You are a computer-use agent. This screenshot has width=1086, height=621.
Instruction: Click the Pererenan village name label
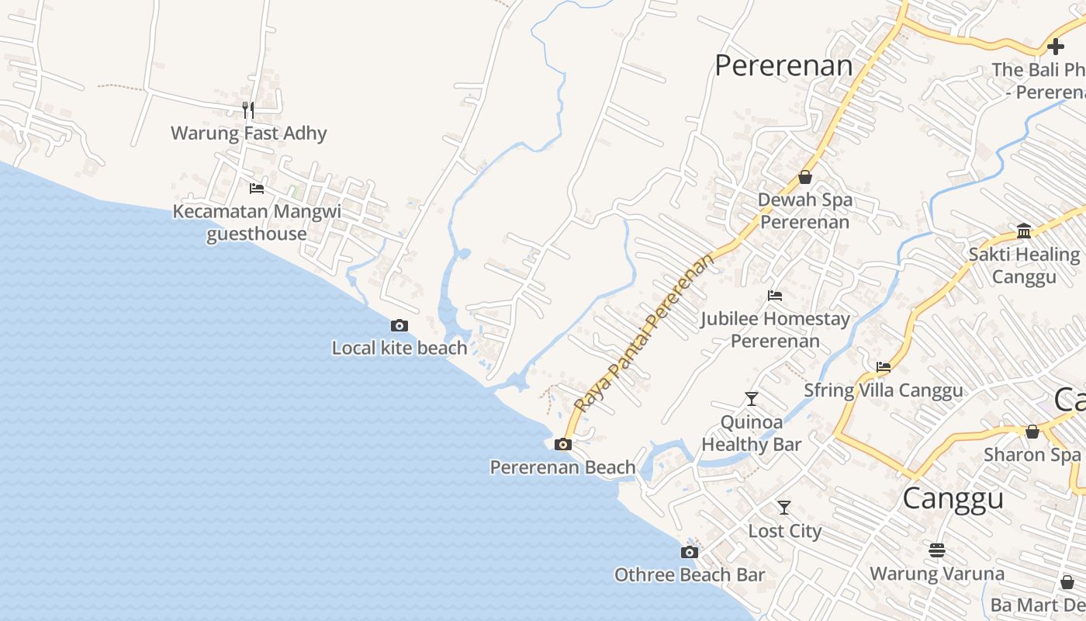pyautogui.click(x=783, y=66)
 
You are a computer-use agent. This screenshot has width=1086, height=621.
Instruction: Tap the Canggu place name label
pyautogui.click(x=953, y=498)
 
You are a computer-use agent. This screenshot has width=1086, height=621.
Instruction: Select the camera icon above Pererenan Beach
pyautogui.click(x=563, y=445)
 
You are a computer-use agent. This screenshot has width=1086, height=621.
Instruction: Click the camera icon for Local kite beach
pyautogui.click(x=399, y=326)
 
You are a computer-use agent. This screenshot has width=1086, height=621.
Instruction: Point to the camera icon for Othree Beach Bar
pyautogui.click(x=689, y=553)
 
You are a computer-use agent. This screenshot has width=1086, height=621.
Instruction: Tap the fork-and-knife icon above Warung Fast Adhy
pyautogui.click(x=248, y=110)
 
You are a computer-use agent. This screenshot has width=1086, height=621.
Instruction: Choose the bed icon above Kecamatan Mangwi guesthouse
pyautogui.click(x=257, y=189)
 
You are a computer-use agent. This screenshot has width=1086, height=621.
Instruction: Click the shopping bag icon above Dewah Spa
pyautogui.click(x=805, y=178)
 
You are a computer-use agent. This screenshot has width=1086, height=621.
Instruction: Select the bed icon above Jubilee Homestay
pyautogui.click(x=774, y=296)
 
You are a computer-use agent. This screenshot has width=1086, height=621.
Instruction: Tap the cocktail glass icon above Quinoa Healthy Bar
pyautogui.click(x=751, y=399)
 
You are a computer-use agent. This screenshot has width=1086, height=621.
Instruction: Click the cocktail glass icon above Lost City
pyautogui.click(x=784, y=508)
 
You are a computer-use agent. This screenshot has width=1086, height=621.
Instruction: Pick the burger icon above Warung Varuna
pyautogui.click(x=937, y=550)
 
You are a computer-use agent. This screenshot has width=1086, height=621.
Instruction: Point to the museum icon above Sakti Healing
pyautogui.click(x=1024, y=231)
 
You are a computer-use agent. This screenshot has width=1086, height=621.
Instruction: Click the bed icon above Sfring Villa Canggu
pyautogui.click(x=883, y=367)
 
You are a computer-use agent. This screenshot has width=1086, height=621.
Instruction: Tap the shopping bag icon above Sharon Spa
pyautogui.click(x=1032, y=432)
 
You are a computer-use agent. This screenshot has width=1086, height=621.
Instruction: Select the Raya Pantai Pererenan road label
pyautogui.click(x=644, y=331)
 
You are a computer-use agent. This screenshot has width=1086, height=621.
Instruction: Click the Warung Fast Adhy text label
pyautogui.click(x=248, y=134)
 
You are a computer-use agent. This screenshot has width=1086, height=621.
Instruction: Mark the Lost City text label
pyautogui.click(x=784, y=532)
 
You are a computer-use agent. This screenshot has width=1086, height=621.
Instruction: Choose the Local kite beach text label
pyautogui.click(x=399, y=349)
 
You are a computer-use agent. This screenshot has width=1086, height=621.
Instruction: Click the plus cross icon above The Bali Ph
pyautogui.click(x=1055, y=47)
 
